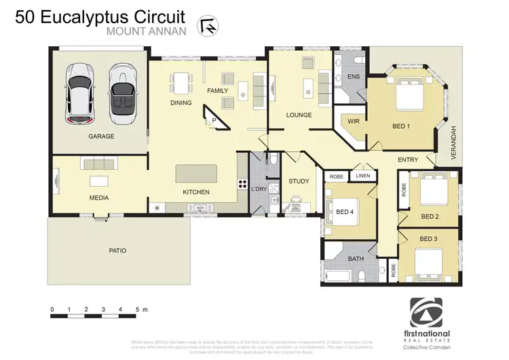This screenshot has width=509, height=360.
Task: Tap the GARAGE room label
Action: pyautogui.click(x=100, y=137)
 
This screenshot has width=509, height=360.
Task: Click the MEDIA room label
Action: pyautogui.click(x=99, y=198)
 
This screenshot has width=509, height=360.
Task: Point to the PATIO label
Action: pyautogui.click(x=117, y=251)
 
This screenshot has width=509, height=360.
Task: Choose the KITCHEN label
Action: pyautogui.click(x=196, y=192)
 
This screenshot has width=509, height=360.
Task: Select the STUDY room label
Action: pyautogui.click(x=299, y=181)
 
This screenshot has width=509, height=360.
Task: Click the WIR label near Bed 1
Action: pyautogui.click(x=353, y=122)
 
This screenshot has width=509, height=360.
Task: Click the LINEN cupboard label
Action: pyautogui.click(x=364, y=176)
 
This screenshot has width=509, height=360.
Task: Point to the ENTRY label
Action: pyautogui.click(x=408, y=160)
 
